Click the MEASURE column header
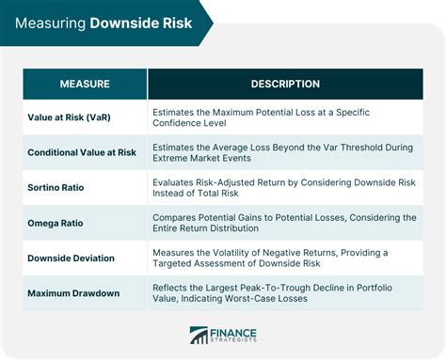(x=85, y=85)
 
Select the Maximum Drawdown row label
(x=74, y=292)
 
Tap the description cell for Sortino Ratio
(x=282, y=187)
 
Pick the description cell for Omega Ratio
(x=282, y=224)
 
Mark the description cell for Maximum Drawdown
(x=282, y=292)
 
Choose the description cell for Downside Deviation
(x=282, y=258)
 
